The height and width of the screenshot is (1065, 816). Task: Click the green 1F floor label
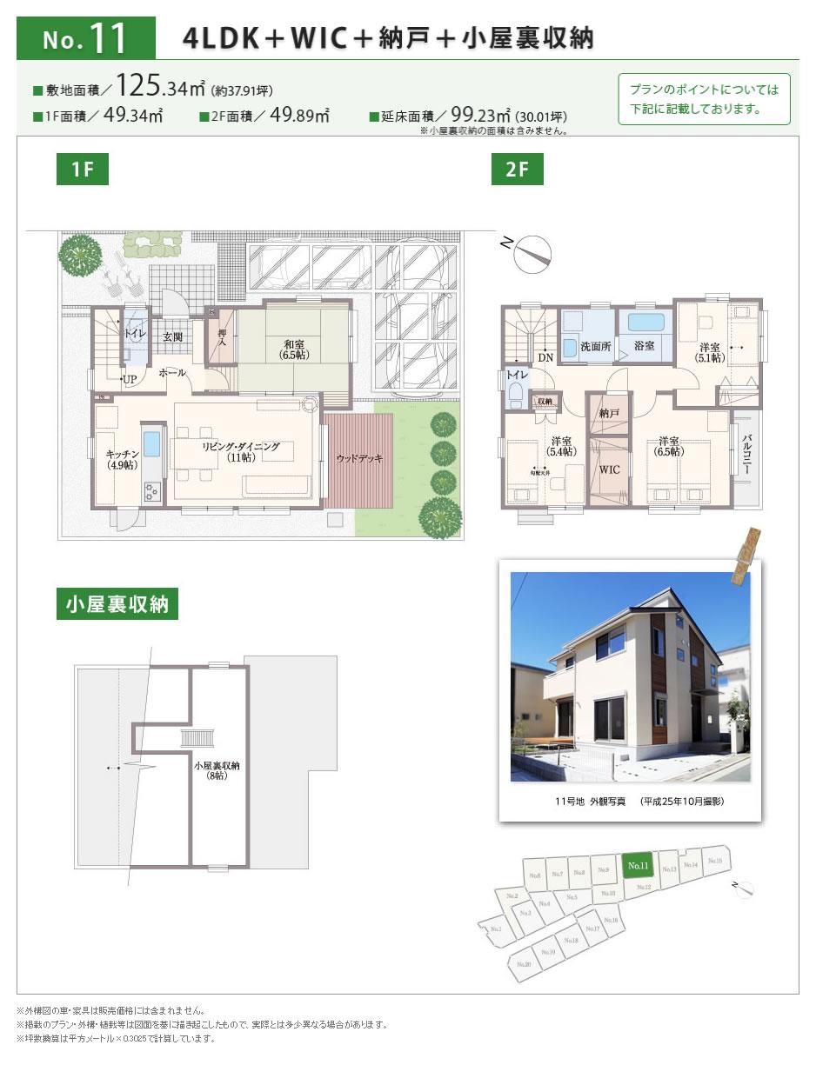(83, 170)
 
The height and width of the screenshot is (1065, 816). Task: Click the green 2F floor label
(517, 170)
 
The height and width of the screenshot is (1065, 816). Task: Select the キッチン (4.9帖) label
(123, 460)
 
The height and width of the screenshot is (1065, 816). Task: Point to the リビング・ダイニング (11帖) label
(241, 451)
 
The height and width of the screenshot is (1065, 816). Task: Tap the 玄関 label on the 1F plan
(172, 336)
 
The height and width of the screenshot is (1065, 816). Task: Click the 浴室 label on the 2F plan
(645, 345)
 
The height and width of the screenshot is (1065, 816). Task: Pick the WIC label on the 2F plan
(609, 469)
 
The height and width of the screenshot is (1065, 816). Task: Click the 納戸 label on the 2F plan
(609, 414)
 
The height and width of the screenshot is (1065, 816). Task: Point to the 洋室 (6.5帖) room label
(669, 446)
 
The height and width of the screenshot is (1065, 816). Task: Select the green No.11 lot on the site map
(638, 865)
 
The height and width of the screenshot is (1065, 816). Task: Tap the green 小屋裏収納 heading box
(117, 604)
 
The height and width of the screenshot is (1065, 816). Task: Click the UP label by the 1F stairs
(130, 379)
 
